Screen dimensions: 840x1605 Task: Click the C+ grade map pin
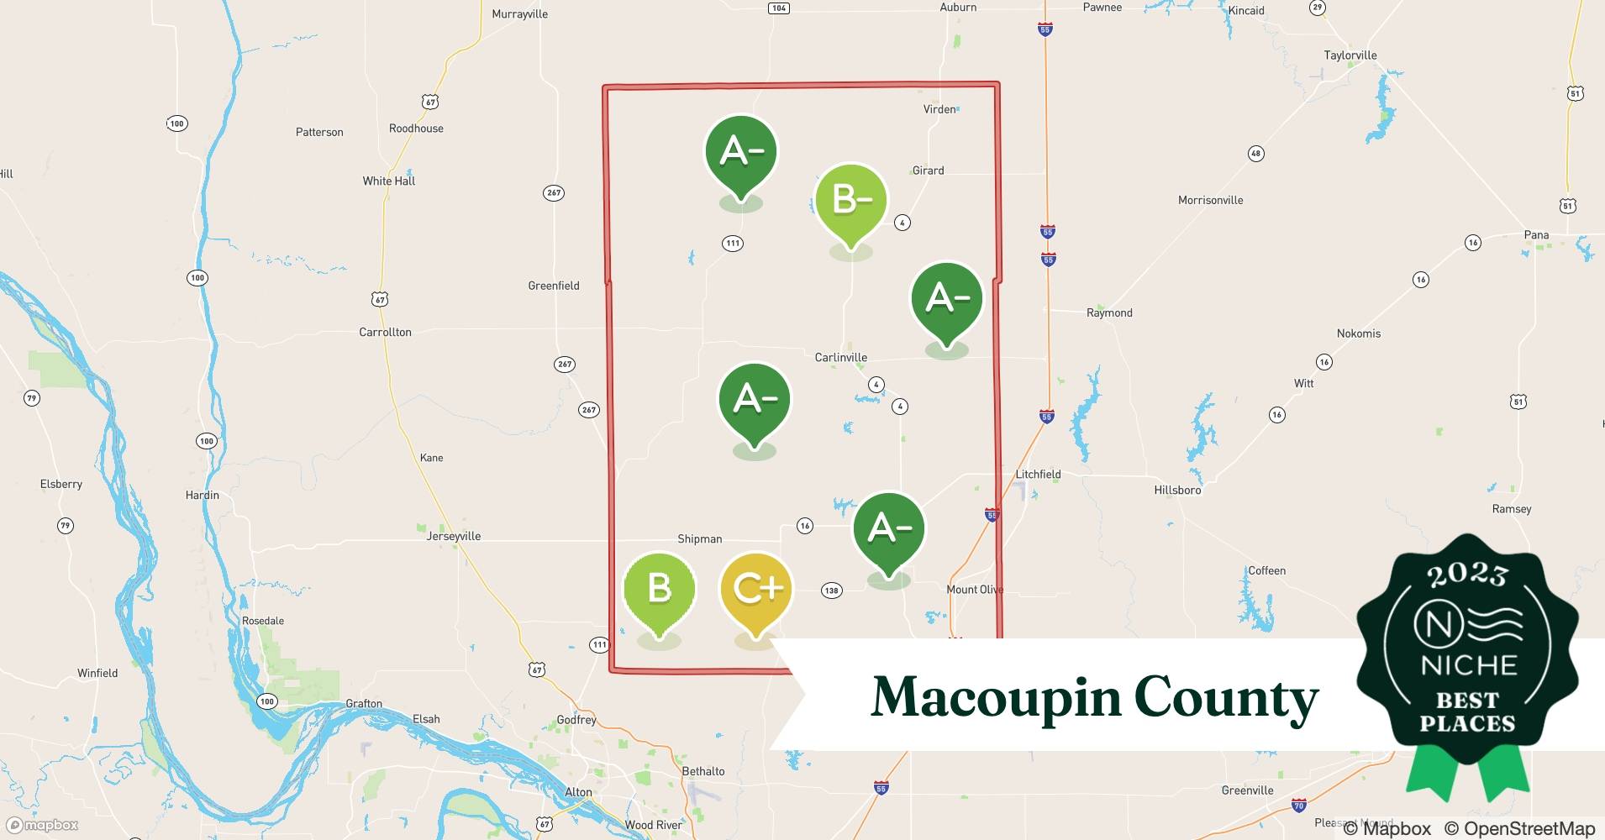pyautogui.click(x=756, y=591)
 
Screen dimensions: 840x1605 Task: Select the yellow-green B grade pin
pyautogui.click(x=659, y=589)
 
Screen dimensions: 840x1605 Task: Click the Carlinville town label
pyautogui.click(x=840, y=357)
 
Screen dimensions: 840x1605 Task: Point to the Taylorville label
pyautogui.click(x=1350, y=55)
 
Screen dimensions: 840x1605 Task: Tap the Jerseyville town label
pyautogui.click(x=454, y=536)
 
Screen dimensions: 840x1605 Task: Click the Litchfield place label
pyautogui.click(x=1038, y=474)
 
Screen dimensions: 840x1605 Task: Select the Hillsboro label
pyautogui.click(x=1177, y=490)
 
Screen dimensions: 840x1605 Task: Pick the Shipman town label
pyautogui.click(x=699, y=538)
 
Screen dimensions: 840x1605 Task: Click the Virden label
pyautogui.click(x=939, y=109)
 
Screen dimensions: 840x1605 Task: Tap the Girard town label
pyautogui.click(x=928, y=171)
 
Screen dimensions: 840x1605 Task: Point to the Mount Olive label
pyautogui.click(x=975, y=589)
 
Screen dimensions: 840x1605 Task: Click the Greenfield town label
pyautogui.click(x=553, y=286)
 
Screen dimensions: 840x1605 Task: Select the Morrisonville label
pyautogui.click(x=1210, y=200)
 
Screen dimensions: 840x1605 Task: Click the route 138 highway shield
pyautogui.click(x=831, y=591)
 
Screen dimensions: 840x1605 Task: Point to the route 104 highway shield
pyautogui.click(x=778, y=8)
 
